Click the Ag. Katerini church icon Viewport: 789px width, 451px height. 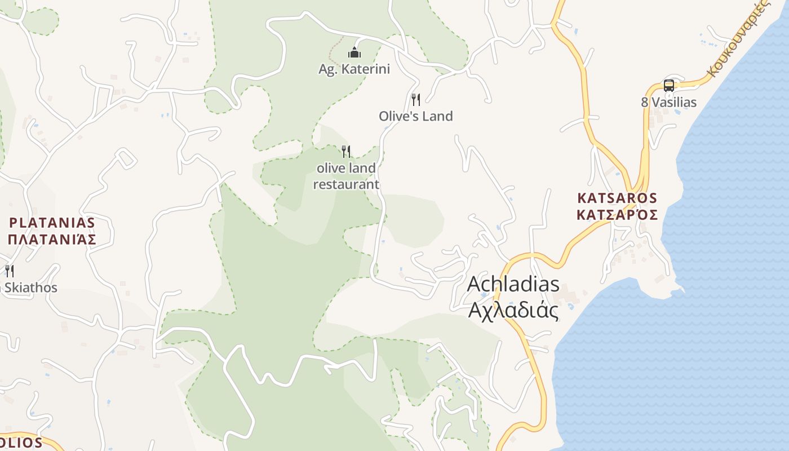tap(354, 53)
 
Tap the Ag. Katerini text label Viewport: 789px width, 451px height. tap(354, 69)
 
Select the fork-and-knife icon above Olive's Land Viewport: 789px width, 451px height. tap(416, 100)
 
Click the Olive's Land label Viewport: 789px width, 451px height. tap(416, 116)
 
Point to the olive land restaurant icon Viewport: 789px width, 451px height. tap(346, 151)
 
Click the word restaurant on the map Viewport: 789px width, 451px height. tap(346, 184)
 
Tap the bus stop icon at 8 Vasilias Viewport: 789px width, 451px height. tap(668, 86)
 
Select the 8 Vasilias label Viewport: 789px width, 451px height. tap(668, 103)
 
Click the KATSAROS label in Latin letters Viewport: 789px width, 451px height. tap(617, 198)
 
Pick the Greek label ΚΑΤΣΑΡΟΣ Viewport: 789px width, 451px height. tap(617, 215)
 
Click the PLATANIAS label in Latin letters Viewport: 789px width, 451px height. tap(52, 223)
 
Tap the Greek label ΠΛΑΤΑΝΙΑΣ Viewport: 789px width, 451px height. tap(52, 239)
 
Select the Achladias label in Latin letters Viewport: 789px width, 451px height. tap(513, 284)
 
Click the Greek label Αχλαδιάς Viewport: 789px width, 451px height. tap(513, 311)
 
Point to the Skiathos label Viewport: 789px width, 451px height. tap(31, 288)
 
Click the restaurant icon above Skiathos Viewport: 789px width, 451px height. tap(9, 271)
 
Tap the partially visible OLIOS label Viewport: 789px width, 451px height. tap(21, 442)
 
